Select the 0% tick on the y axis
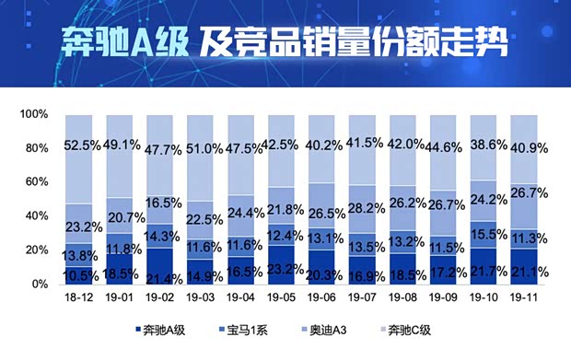click(39, 285)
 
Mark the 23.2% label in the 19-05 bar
click(281, 269)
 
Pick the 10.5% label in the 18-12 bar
click(79, 274)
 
